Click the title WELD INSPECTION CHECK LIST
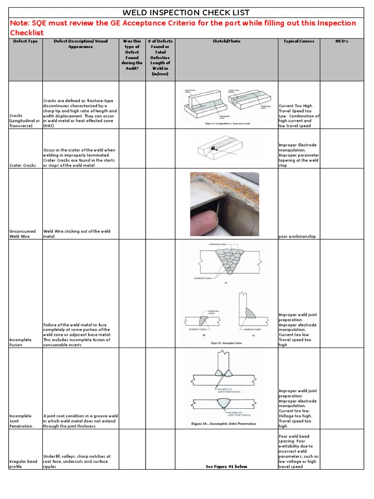pyautogui.click(x=187, y=13)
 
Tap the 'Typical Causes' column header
pyautogui.click(x=299, y=41)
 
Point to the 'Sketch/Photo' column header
pyautogui.click(x=226, y=41)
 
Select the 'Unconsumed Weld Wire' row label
pyautogui.click(x=20, y=234)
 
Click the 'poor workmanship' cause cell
pyautogui.click(x=297, y=236)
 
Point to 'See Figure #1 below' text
pyautogui.click(x=226, y=466)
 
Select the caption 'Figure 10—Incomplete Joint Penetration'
pyautogui.click(x=224, y=424)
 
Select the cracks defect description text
pyautogui.click(x=80, y=113)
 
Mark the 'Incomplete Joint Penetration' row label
pyautogui.click(x=20, y=421)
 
